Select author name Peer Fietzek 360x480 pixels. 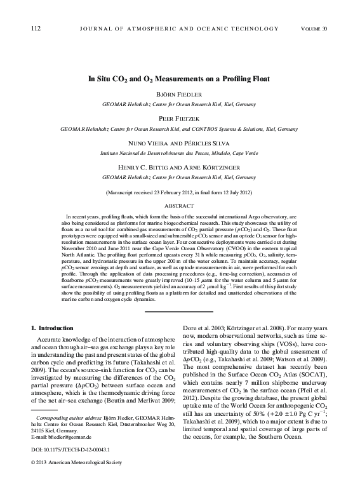(x=180, y=118)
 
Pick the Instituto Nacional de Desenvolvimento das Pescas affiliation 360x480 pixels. (x=180, y=154)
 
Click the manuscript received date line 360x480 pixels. (x=180, y=192)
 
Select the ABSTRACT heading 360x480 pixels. (x=180, y=206)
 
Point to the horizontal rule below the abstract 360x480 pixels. (x=180, y=311)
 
